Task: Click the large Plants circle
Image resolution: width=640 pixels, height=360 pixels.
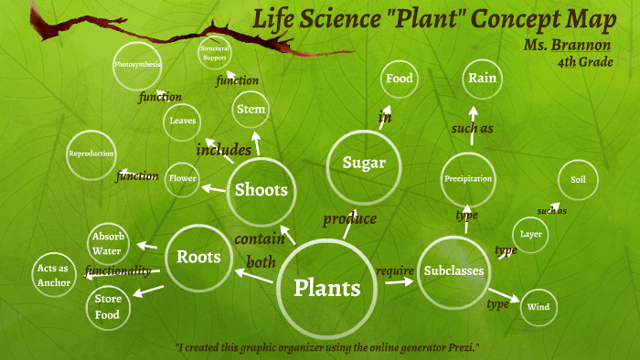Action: point(326,287)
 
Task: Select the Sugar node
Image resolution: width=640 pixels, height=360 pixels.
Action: point(363,164)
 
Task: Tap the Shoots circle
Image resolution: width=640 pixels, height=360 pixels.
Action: point(261,190)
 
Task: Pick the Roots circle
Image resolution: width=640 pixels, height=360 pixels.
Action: point(198,257)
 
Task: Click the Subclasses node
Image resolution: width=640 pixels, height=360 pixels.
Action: point(453,270)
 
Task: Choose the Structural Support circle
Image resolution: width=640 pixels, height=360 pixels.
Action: point(216,52)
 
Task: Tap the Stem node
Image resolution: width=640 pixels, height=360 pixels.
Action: point(251,110)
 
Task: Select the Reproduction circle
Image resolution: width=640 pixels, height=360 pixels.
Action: point(91,154)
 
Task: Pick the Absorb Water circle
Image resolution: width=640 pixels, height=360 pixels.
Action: point(108,244)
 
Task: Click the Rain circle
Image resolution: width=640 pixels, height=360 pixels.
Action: point(482,79)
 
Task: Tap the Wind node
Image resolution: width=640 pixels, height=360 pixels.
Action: point(539,308)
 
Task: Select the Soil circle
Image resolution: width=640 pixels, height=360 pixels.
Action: point(577,180)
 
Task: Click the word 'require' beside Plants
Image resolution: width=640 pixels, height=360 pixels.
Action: point(395,270)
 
